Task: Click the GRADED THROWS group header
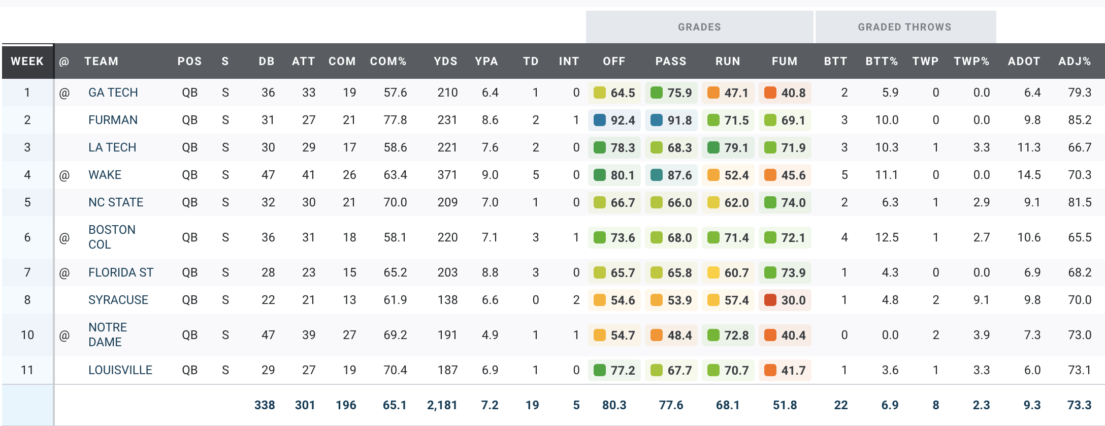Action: pos(904,27)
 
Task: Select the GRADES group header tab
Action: pos(699,27)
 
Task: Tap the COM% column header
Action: pos(388,62)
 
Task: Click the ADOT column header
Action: pos(1024,62)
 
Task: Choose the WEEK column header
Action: pos(27,62)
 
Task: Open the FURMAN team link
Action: pos(113,120)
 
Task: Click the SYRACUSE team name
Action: pos(118,300)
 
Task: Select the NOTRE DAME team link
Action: pos(108,334)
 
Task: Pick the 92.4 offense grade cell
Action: pos(614,120)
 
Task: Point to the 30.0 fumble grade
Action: pos(785,300)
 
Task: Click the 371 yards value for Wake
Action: pos(447,175)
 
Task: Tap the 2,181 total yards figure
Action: pos(442,405)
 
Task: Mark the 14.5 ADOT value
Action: pos(1029,175)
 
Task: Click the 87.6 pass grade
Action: pos(671,175)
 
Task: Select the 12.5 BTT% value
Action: pos(887,237)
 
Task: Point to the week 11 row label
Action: pos(27,370)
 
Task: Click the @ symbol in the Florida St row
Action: pos(64,273)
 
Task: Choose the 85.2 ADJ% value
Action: pos(1080,120)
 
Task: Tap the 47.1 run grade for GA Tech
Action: pos(728,93)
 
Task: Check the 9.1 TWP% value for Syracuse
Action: pos(981,300)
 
